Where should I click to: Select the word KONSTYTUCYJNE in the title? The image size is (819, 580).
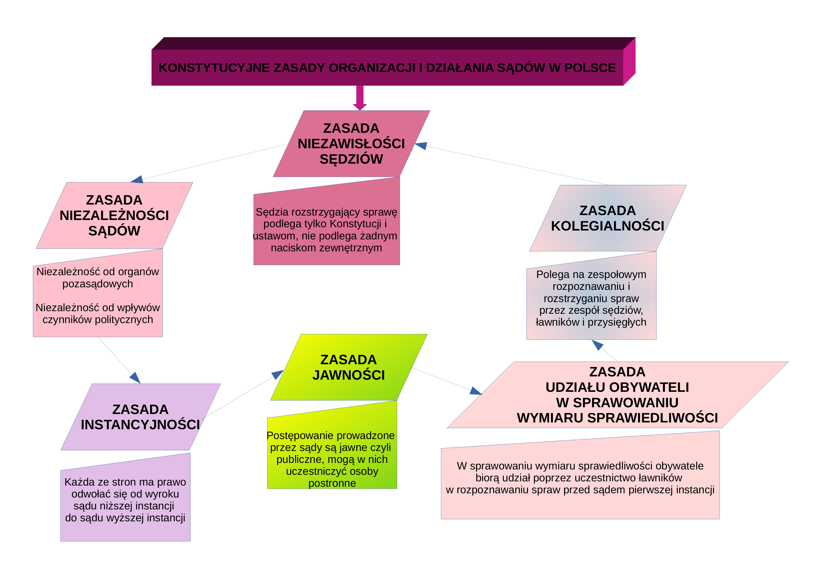click(x=214, y=68)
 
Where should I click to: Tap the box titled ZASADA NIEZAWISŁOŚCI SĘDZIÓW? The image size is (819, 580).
click(x=351, y=144)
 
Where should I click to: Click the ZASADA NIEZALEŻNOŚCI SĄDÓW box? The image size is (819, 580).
click(x=114, y=215)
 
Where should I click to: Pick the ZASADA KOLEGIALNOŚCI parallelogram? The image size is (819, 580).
click(x=608, y=218)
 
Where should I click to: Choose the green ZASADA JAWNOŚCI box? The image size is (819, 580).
click(x=349, y=367)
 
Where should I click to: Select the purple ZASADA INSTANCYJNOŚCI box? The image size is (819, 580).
click(x=141, y=417)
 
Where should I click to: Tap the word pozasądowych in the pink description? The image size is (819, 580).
click(x=98, y=284)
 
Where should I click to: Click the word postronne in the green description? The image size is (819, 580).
click(x=332, y=483)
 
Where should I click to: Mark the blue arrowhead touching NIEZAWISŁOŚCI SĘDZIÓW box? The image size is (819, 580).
click(x=421, y=146)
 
